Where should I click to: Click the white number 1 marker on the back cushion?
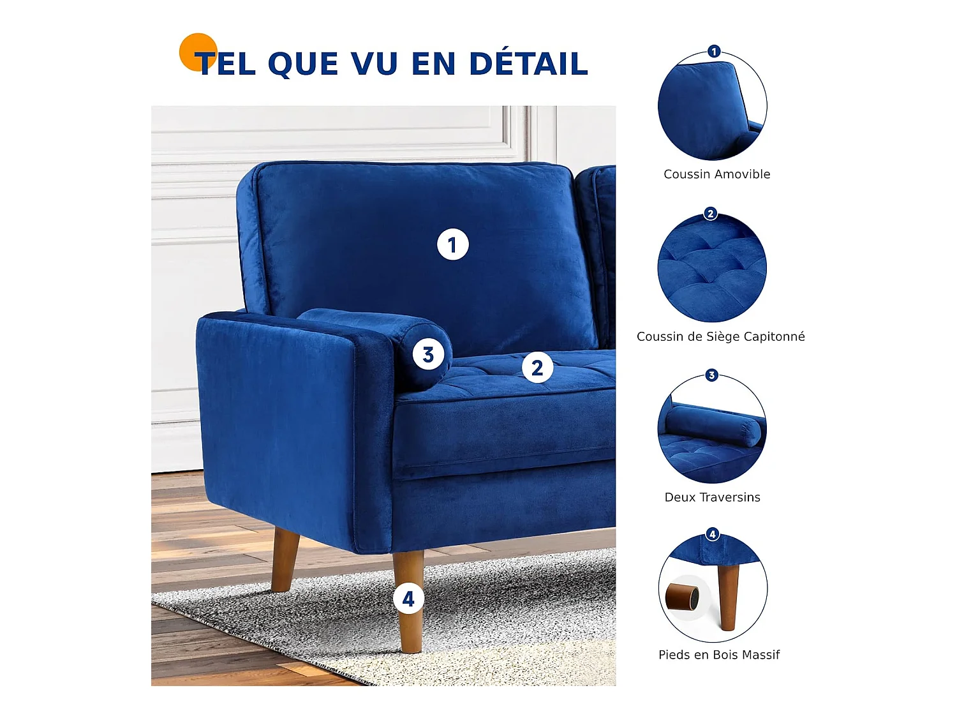(x=453, y=245)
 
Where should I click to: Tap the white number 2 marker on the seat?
(x=537, y=368)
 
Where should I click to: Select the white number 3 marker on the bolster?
(x=428, y=355)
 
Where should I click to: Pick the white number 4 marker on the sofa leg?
(x=408, y=599)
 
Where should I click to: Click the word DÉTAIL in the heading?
(x=528, y=64)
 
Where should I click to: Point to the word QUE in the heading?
(x=303, y=64)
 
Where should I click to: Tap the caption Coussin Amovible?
(x=716, y=174)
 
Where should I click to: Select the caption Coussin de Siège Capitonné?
(x=720, y=336)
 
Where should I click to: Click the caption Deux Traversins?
(x=712, y=497)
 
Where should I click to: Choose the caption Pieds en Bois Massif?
(x=719, y=655)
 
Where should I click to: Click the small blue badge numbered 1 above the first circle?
(x=714, y=51)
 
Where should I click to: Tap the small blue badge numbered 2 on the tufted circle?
(x=711, y=213)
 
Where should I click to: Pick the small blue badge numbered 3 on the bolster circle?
(x=712, y=375)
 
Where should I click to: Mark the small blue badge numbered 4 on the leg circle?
(x=713, y=534)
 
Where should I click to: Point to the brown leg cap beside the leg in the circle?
(x=682, y=599)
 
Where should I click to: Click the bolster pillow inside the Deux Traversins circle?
(x=713, y=425)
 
